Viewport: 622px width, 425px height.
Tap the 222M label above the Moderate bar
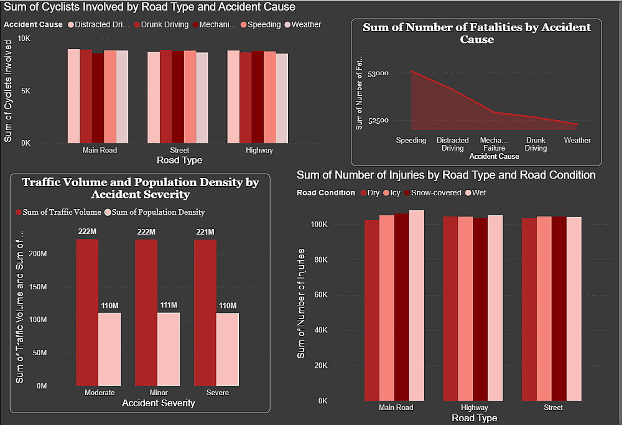click(87, 232)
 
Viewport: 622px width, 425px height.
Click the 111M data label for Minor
click(169, 306)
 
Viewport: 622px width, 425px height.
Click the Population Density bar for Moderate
click(109, 349)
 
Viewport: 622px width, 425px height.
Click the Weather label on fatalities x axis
click(577, 141)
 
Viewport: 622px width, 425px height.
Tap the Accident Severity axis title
click(158, 403)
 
